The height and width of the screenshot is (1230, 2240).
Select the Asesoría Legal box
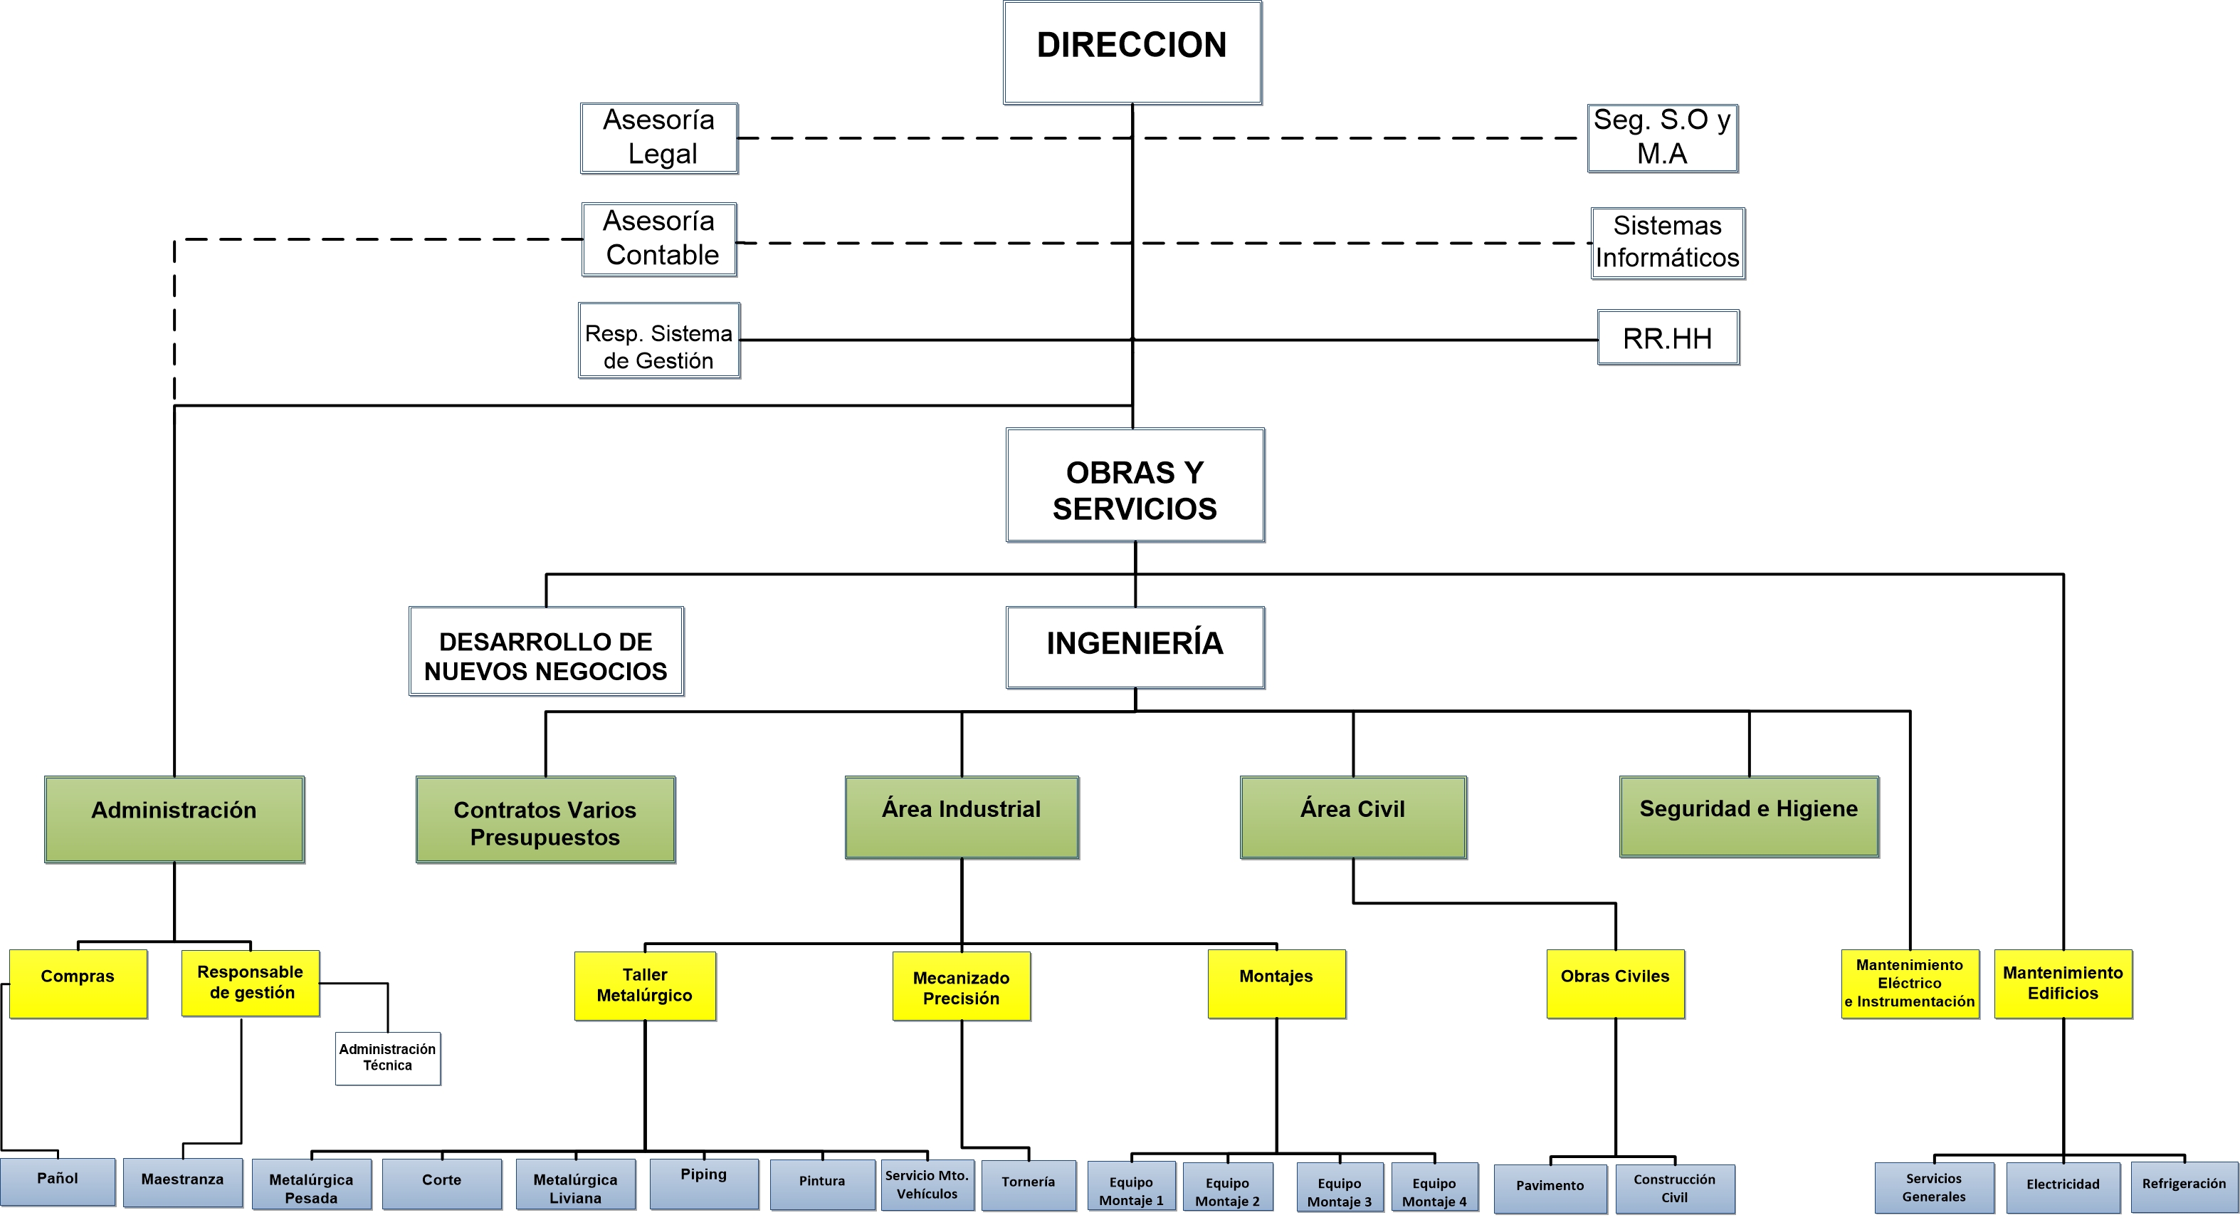coord(659,137)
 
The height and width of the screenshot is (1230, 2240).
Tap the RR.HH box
coord(1667,338)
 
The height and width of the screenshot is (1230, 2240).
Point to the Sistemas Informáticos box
coord(1667,243)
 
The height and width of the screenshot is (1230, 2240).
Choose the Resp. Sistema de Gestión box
coord(659,341)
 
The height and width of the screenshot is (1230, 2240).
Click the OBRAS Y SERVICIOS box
coord(1135,486)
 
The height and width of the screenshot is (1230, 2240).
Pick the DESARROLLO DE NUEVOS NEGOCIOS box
coord(546,652)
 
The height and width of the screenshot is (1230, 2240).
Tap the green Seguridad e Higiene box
coord(1749,817)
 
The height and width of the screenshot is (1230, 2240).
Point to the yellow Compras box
coord(78,984)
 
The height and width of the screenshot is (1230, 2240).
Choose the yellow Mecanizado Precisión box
coord(961,986)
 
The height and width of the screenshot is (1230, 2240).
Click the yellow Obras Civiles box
coord(1615,984)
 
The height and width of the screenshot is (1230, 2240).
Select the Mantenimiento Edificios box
coord(2063,984)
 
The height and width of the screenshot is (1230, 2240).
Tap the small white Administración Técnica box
coord(388,1058)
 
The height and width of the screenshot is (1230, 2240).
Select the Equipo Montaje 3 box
coord(1339,1187)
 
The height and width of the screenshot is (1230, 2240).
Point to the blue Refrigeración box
coord(2184,1187)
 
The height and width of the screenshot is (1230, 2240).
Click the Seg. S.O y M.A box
coord(1662,137)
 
